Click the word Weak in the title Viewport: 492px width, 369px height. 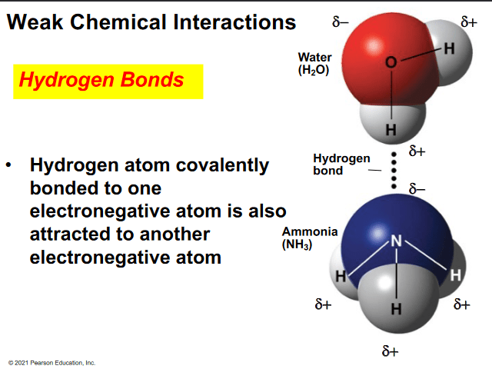(35, 22)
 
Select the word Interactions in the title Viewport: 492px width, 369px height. (234, 22)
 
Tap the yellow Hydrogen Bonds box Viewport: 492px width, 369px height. (108, 81)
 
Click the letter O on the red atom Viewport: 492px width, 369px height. (391, 62)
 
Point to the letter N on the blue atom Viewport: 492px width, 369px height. (397, 241)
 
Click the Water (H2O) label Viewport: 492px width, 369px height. (314, 64)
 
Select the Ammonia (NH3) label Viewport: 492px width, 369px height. (310, 238)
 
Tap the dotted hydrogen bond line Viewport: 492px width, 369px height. (394, 171)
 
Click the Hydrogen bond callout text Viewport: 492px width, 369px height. (341, 165)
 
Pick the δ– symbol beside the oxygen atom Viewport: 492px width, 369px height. (341, 22)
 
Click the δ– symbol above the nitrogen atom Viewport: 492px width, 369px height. (417, 189)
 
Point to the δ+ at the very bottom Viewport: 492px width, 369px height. (390, 351)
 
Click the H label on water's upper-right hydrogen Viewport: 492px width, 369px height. (449, 48)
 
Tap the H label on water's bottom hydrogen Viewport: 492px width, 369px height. (391, 130)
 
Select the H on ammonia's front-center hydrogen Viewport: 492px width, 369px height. (396, 309)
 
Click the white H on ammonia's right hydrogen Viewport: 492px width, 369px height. (456, 275)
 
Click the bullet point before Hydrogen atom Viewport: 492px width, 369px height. (8, 165)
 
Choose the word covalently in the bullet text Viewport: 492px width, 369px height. (222, 165)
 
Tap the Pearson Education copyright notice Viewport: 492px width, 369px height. (52, 363)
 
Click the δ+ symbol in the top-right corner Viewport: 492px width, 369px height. (469, 22)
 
